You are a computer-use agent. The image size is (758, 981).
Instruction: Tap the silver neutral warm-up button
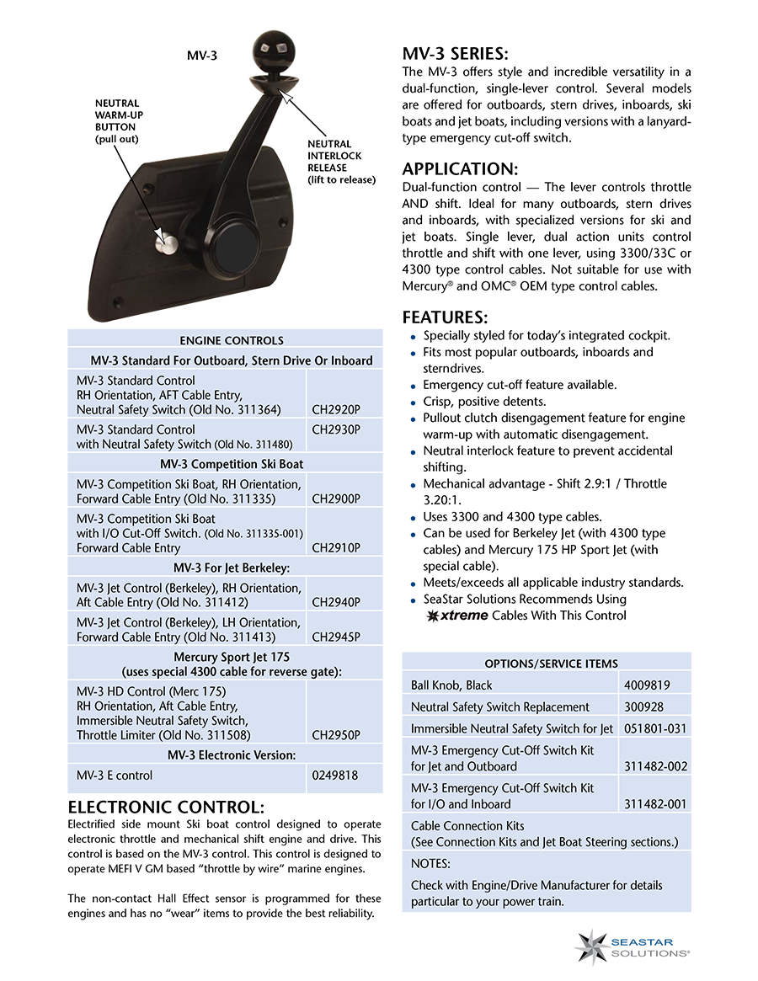pos(168,242)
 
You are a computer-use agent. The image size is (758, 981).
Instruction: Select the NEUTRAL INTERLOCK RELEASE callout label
pos(341,162)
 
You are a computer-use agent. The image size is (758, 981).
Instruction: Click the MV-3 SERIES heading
pos(455,54)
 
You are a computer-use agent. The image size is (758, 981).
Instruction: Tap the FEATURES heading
pos(445,317)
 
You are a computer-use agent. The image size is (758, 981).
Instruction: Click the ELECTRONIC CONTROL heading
pos(166,807)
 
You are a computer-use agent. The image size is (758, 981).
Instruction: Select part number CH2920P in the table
pos(336,409)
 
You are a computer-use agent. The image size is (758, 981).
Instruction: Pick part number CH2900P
pos(336,498)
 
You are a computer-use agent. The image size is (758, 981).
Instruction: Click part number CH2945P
pos(336,637)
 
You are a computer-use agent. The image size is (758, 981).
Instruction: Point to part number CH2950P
pos(336,735)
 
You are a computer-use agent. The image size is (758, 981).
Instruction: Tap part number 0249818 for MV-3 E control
pos(335,775)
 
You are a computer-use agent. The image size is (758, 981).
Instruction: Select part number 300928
pos(641,706)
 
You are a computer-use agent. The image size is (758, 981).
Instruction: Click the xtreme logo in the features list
pos(457,616)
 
